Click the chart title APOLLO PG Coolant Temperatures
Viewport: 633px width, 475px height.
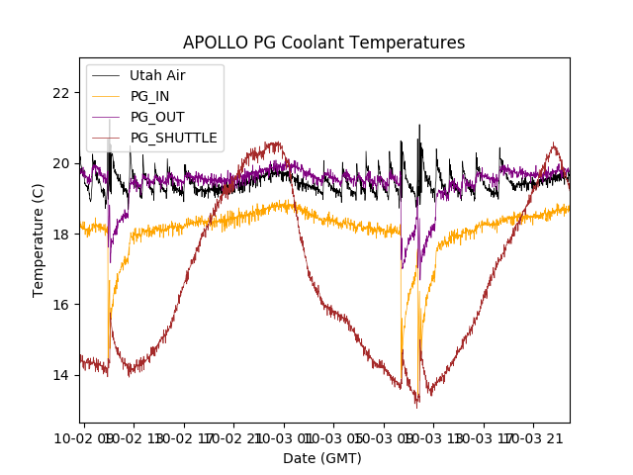click(323, 44)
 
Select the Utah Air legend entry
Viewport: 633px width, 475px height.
click(157, 75)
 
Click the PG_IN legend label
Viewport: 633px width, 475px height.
click(149, 96)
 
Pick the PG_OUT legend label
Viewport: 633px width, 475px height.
click(156, 117)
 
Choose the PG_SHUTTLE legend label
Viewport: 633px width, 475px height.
click(173, 138)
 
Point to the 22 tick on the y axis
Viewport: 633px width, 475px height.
click(62, 93)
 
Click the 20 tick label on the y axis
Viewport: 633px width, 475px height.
click(62, 163)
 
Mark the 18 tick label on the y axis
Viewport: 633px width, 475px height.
click(62, 235)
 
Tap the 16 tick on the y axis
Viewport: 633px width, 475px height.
click(62, 305)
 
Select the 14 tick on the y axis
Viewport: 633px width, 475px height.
click(62, 375)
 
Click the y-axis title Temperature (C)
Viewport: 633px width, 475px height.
click(39, 240)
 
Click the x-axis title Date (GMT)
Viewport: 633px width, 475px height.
click(322, 458)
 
